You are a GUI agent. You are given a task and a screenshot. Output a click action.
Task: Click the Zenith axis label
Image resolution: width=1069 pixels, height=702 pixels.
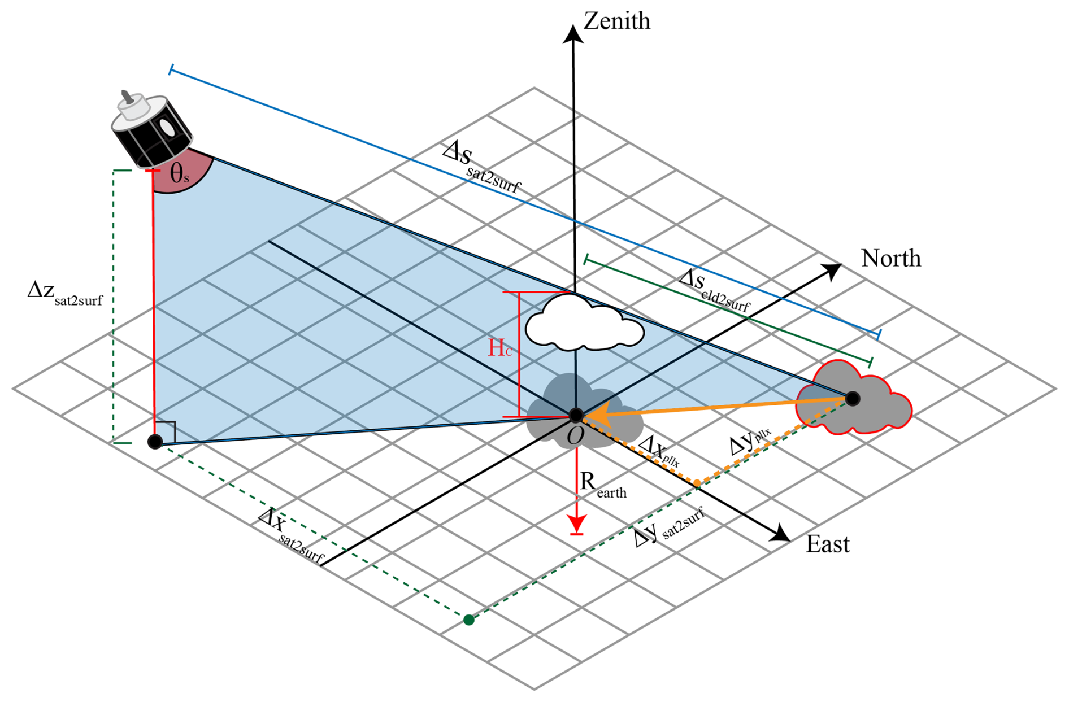(617, 21)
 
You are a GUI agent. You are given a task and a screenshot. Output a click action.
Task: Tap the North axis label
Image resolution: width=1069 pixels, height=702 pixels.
(891, 258)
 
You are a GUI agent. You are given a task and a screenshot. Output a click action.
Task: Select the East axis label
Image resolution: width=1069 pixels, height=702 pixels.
(828, 544)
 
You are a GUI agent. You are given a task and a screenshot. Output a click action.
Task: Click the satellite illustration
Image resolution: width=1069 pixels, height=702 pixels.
(151, 129)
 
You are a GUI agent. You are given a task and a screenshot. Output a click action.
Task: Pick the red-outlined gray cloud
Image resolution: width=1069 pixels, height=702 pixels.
(854, 396)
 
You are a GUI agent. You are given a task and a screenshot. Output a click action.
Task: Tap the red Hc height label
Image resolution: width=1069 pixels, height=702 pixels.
(500, 348)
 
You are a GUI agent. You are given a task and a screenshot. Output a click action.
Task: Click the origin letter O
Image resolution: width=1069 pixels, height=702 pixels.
(575, 436)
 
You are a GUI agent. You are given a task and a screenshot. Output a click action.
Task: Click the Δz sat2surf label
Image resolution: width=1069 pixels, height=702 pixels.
(65, 293)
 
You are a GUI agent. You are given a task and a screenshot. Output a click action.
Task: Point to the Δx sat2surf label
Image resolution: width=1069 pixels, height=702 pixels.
(291, 534)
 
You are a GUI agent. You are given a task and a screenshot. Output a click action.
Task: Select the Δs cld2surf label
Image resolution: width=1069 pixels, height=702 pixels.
(715, 290)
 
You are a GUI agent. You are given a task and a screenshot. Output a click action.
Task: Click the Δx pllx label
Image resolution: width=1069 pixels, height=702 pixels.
(659, 450)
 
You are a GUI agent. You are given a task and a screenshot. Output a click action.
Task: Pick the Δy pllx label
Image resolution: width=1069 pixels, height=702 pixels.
(750, 442)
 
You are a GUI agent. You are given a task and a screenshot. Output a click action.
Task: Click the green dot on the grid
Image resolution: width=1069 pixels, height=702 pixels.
(469, 620)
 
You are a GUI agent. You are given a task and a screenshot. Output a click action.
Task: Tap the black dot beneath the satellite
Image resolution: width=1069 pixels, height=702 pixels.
(155, 442)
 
